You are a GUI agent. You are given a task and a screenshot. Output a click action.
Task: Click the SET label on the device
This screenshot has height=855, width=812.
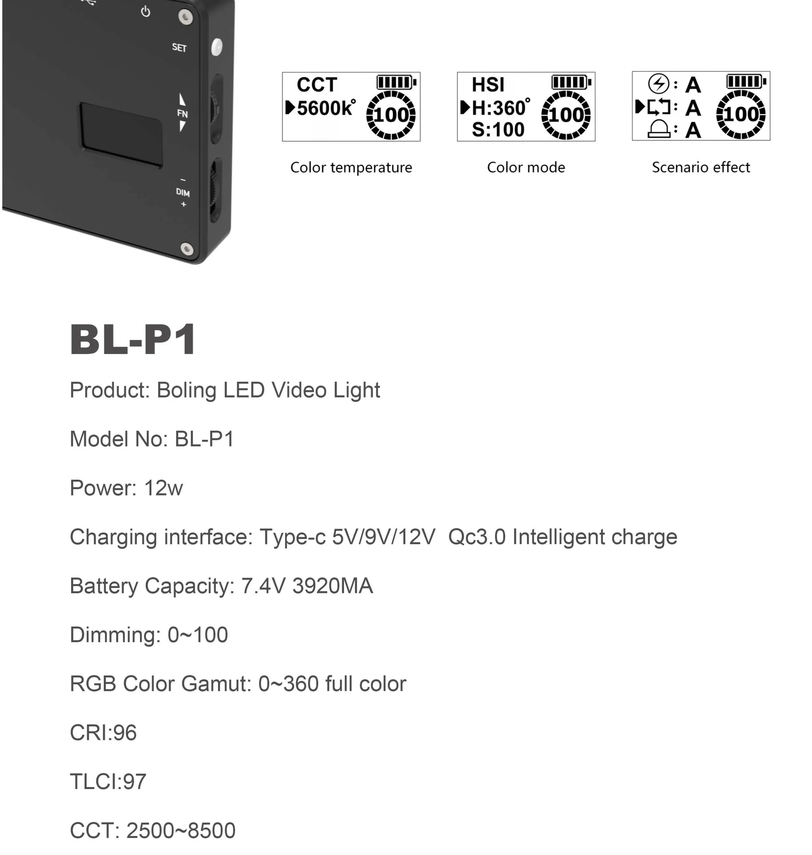coord(179,48)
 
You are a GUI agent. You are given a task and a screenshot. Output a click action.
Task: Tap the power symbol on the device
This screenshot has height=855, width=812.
coord(146,12)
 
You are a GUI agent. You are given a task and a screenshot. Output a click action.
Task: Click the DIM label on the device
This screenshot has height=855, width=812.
coord(183,193)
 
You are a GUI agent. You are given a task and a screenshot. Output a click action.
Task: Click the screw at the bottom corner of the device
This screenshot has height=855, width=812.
coord(187,249)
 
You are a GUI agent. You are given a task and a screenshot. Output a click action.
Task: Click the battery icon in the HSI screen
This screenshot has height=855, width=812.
coord(571,82)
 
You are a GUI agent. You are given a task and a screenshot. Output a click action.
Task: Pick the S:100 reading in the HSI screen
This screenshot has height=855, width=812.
coord(498,130)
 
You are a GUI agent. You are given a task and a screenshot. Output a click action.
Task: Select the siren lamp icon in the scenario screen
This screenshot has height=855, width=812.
coord(659,129)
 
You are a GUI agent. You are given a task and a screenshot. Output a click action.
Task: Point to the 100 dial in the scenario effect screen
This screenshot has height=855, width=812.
coord(741,114)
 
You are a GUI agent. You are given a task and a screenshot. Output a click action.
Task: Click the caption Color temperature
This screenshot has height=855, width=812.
coord(351,167)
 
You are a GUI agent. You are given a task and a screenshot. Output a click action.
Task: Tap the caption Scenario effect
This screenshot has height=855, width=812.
coord(701,167)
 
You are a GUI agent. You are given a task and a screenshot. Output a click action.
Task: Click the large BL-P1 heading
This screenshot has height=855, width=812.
coord(133,340)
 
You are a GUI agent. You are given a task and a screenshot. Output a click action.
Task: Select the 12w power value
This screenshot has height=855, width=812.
coord(163,488)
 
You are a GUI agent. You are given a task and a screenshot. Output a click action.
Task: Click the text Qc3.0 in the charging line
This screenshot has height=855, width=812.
coord(476,537)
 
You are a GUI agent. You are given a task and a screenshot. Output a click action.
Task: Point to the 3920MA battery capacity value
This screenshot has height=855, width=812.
coord(333,586)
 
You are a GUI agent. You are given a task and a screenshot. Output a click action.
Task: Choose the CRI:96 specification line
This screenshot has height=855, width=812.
coord(103,733)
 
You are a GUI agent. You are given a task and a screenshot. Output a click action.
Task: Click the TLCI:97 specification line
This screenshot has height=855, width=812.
coord(108,782)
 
